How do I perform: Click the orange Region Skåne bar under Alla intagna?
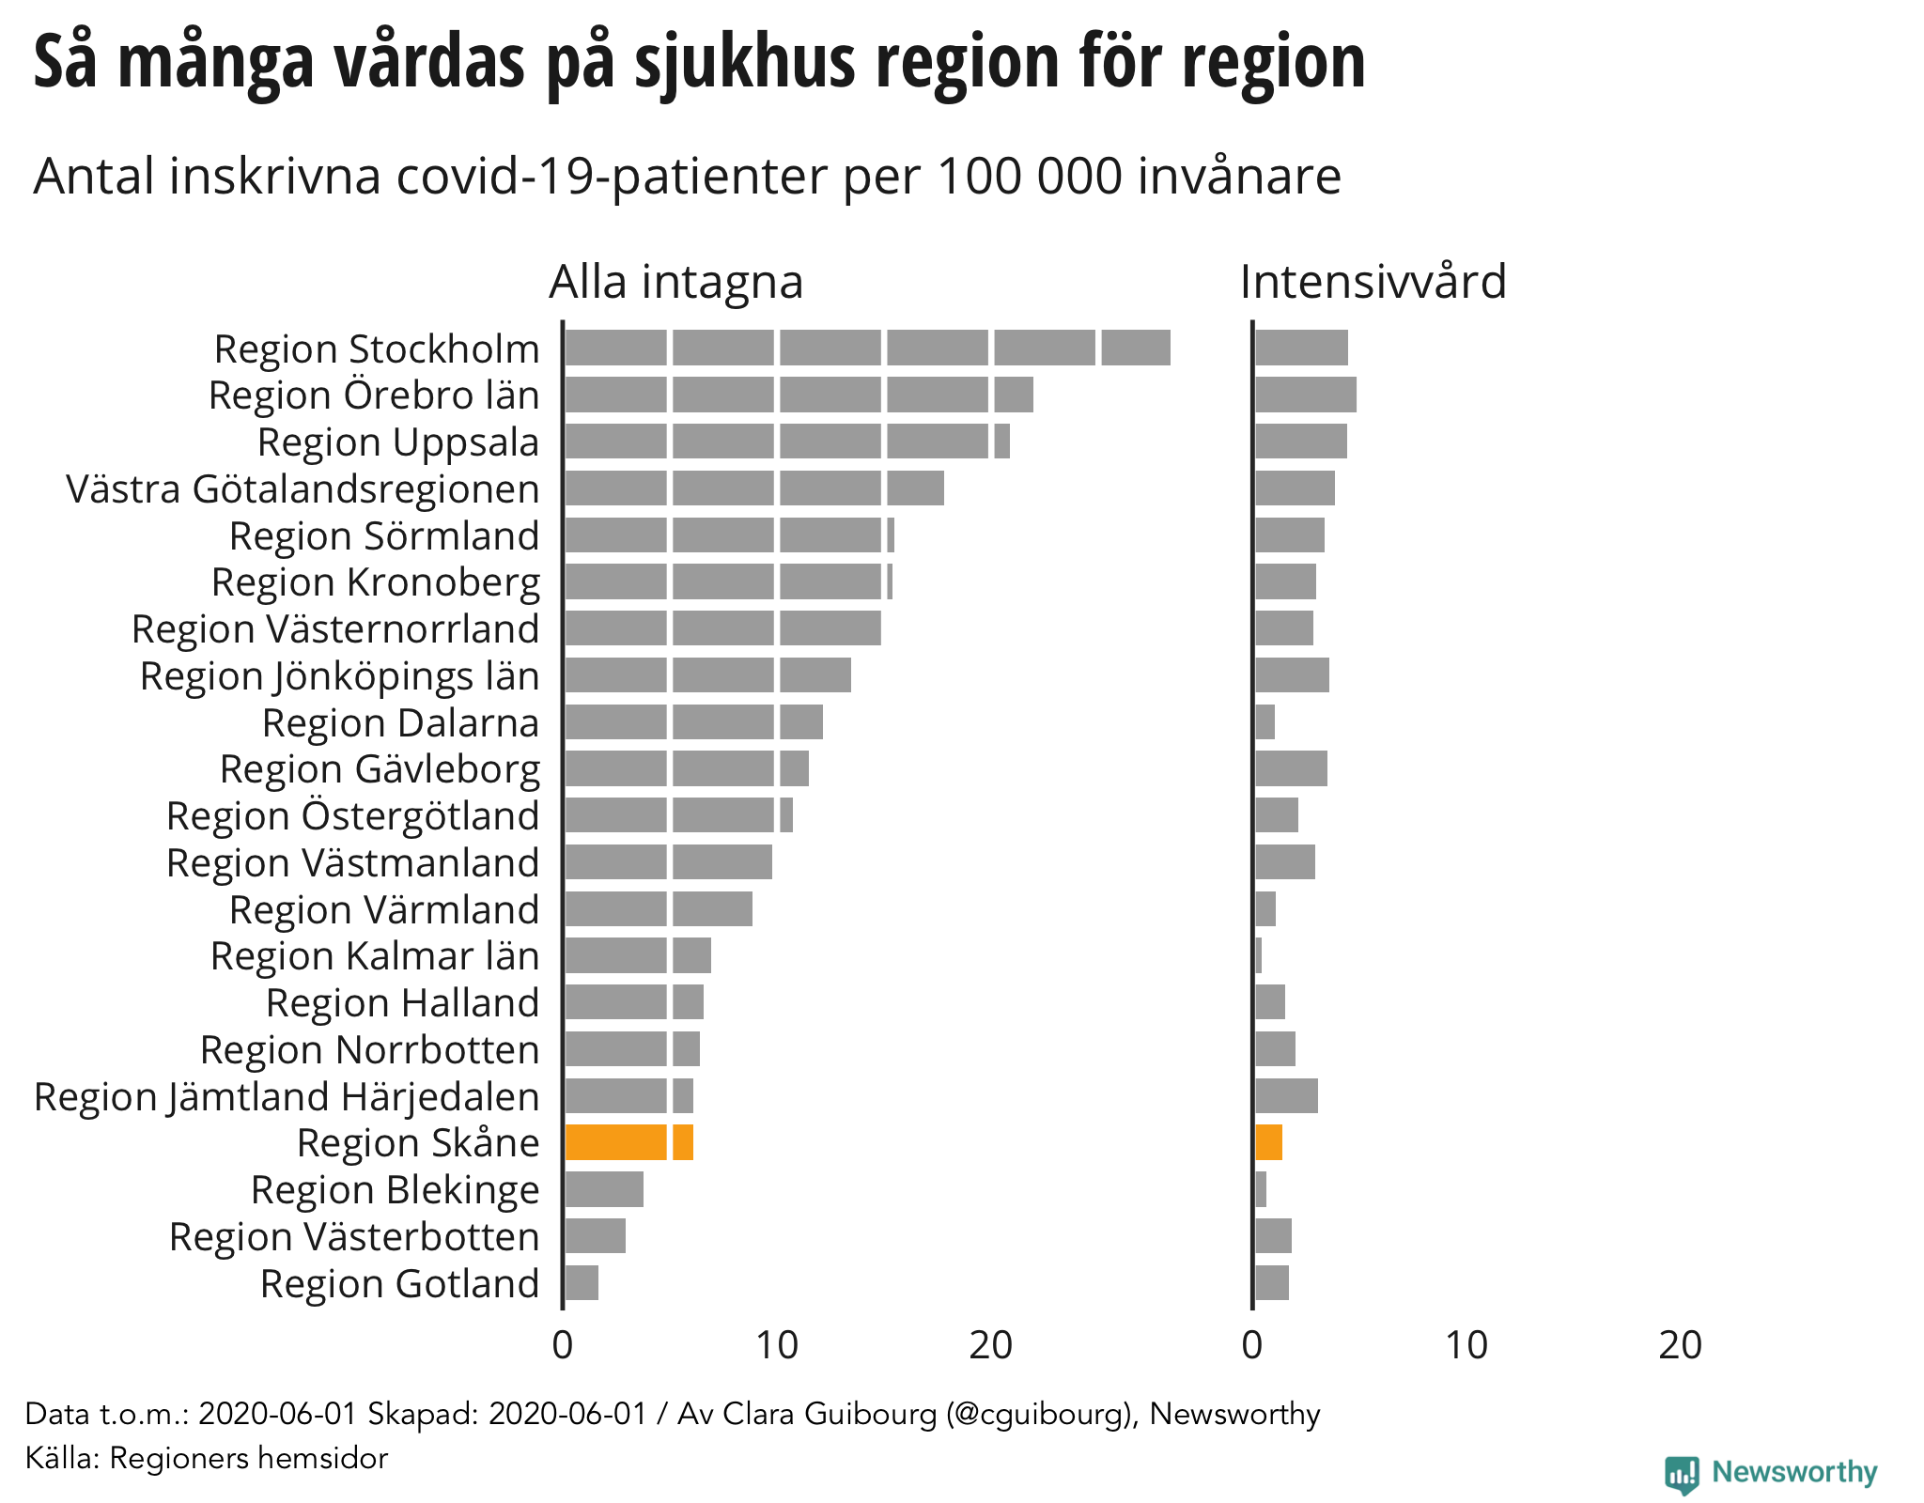[628, 1142]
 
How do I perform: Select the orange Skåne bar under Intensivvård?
[1268, 1142]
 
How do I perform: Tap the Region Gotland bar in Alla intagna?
[582, 1282]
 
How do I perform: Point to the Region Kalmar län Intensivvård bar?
[1259, 955]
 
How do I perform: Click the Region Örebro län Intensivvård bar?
[1306, 395]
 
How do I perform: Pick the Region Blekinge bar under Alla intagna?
[604, 1189]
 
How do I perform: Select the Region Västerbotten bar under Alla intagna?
[596, 1236]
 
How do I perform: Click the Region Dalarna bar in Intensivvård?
[1265, 722]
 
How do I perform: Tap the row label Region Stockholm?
[377, 349]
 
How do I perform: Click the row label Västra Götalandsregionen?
[303, 489]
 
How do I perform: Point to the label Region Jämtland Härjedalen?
[287, 1096]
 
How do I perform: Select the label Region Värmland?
[384, 909]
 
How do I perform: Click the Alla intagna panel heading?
[675, 281]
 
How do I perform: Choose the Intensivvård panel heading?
[1373, 281]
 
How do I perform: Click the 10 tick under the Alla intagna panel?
[777, 1346]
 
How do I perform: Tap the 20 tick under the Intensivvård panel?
[1680, 1346]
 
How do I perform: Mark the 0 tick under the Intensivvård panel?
[1252, 1346]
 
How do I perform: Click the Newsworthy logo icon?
[1682, 1472]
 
